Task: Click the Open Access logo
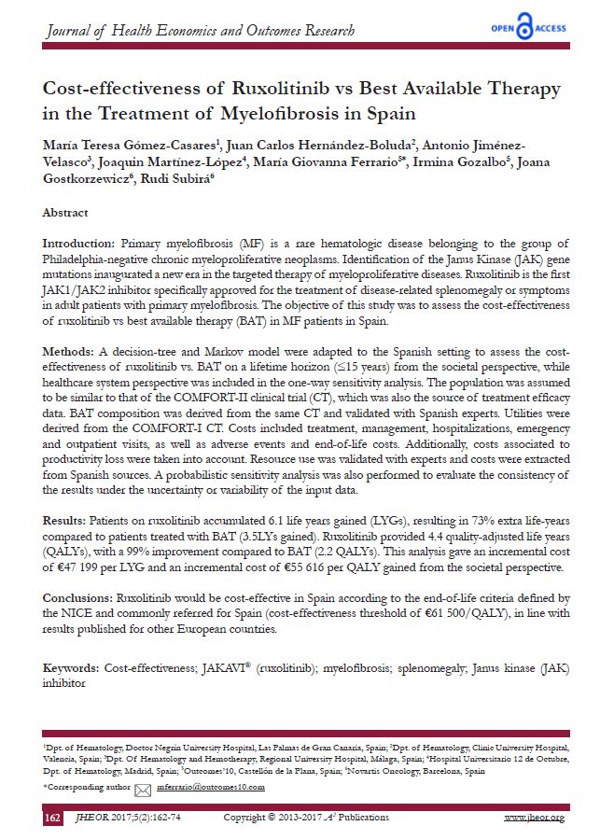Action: (x=528, y=27)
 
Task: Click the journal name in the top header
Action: (x=201, y=31)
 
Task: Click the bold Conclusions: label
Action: (x=78, y=595)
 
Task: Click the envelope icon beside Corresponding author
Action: (x=143, y=790)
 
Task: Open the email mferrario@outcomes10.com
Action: (x=211, y=789)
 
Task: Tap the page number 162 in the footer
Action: (x=53, y=819)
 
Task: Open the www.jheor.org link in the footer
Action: (x=534, y=819)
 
